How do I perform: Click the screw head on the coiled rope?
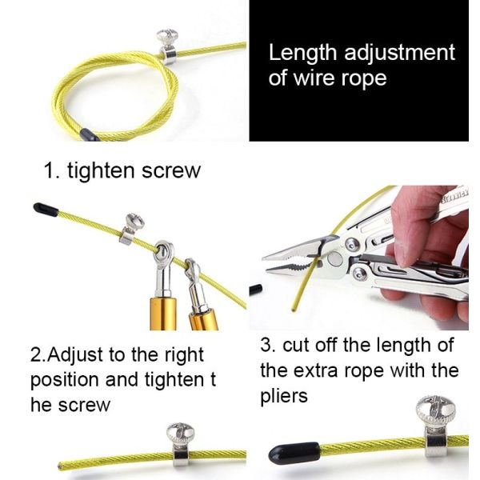168,36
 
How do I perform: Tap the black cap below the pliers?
256,288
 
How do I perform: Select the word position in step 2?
65,379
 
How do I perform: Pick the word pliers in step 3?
285,396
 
